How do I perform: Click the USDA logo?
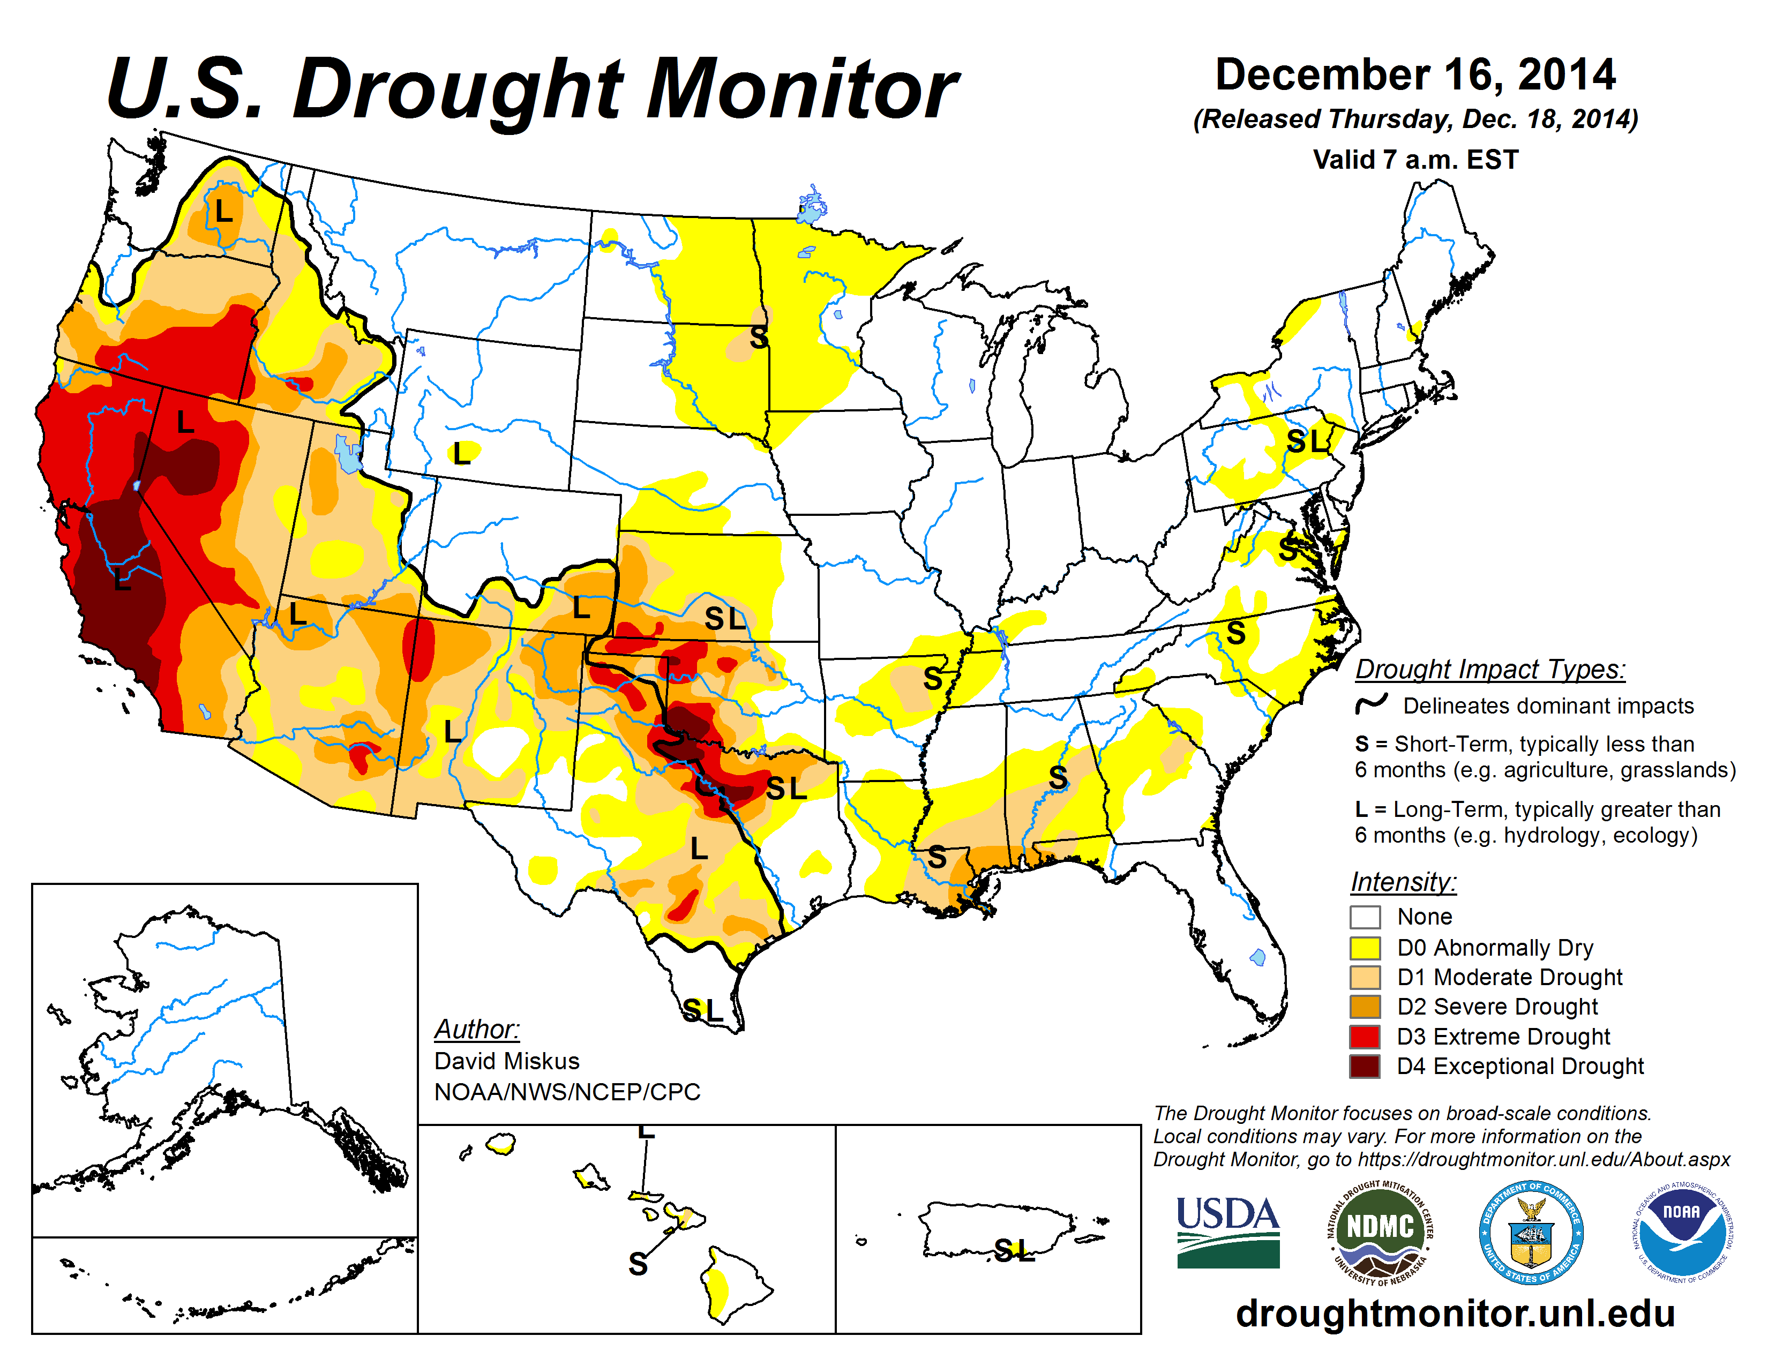click(x=1227, y=1232)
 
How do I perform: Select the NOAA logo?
click(x=1681, y=1232)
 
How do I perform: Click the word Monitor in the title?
click(x=801, y=89)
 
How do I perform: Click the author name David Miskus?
click(x=507, y=1061)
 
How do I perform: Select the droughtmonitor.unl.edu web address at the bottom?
click(x=1455, y=1312)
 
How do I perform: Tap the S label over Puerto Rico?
click(x=1004, y=1251)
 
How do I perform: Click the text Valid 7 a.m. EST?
click(x=1415, y=160)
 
